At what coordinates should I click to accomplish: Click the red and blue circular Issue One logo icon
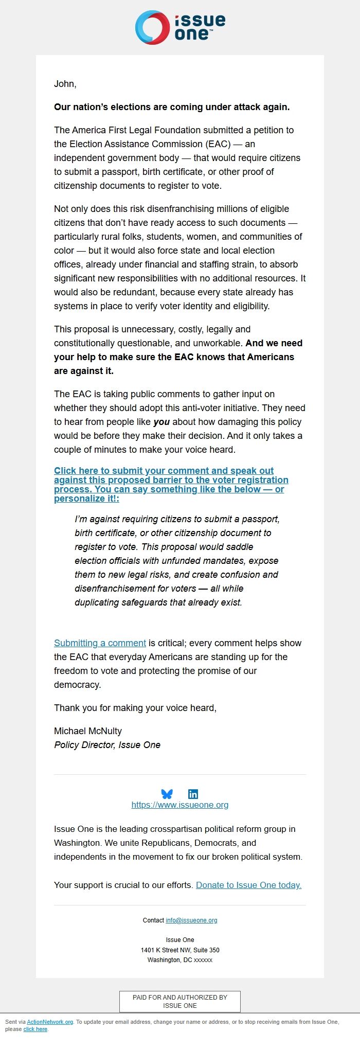[x=152, y=27]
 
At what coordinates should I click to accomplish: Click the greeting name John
[x=65, y=84]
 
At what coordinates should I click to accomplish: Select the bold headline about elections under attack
[x=172, y=107]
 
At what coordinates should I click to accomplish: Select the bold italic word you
[x=161, y=422]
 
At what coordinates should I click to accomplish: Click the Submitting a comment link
[x=100, y=643]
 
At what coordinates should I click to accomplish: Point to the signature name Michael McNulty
[x=88, y=731]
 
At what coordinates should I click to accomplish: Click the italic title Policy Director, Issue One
[x=107, y=745]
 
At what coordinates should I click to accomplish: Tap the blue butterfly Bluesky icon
[x=167, y=794]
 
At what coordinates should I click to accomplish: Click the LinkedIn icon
[x=193, y=794]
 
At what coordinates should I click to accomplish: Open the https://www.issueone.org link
[x=180, y=805]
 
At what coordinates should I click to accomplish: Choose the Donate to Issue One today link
[x=248, y=885]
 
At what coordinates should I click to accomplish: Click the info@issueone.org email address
[x=191, y=920]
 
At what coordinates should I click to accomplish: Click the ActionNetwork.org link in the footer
[x=50, y=1022]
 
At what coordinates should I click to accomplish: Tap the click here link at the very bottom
[x=35, y=1029]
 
